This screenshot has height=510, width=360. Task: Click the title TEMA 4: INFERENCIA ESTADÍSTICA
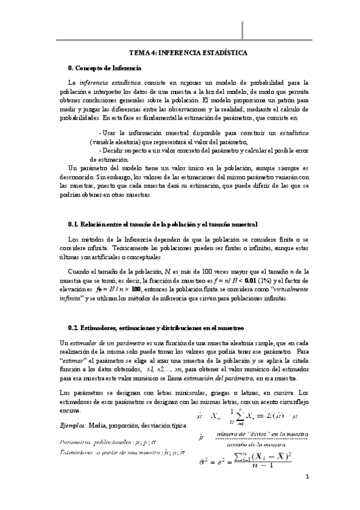pos(188,53)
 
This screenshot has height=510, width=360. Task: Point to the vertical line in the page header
pos(243,28)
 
